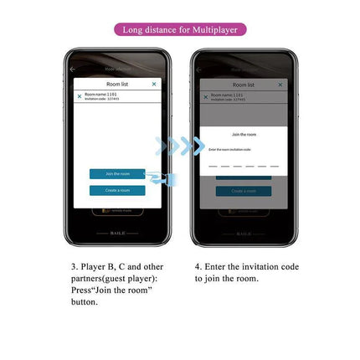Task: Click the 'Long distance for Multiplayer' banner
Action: pyautogui.click(x=180, y=30)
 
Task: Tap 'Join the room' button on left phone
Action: pyautogui.click(x=117, y=173)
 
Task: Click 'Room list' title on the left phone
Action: pyautogui.click(x=117, y=84)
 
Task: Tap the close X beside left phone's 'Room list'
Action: pyautogui.click(x=154, y=84)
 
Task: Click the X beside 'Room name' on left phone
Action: pyautogui.click(x=80, y=96)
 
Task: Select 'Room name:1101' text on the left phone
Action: pyautogui.click(x=100, y=95)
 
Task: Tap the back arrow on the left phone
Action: pyautogui.click(x=72, y=69)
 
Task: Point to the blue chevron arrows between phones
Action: pyautogui.click(x=180, y=147)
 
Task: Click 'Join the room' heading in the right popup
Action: pyautogui.click(x=244, y=134)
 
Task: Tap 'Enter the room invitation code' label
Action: pyautogui.click(x=229, y=148)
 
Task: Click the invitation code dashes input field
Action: pyautogui.click(x=243, y=166)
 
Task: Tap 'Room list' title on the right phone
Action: pyautogui.click(x=244, y=84)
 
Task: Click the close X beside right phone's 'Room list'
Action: pyautogui.click(x=280, y=84)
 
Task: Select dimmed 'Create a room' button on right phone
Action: pyautogui.click(x=244, y=190)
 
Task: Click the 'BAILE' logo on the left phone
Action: pyautogui.click(x=117, y=234)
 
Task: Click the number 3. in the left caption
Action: pyautogui.click(x=74, y=266)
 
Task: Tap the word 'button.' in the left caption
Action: pyautogui.click(x=85, y=301)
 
